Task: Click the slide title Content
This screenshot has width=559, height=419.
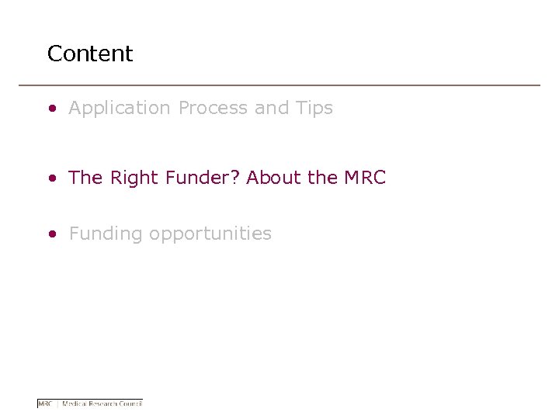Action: click(x=90, y=54)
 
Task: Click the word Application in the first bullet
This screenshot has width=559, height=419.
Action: click(x=120, y=109)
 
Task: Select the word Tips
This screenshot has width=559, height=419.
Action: click(x=314, y=109)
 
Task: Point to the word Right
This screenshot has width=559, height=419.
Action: click(x=134, y=178)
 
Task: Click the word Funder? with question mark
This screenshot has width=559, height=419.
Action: click(x=202, y=178)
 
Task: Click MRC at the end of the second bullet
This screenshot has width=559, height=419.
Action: click(x=364, y=178)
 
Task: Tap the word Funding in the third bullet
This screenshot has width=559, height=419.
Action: click(x=106, y=234)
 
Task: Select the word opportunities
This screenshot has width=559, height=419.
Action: click(x=210, y=234)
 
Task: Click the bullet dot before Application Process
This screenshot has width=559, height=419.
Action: click(x=52, y=109)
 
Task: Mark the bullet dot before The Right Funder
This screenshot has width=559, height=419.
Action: click(x=52, y=178)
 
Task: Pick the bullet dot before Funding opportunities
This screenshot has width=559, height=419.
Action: click(x=52, y=234)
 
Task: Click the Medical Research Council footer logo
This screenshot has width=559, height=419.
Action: click(x=90, y=403)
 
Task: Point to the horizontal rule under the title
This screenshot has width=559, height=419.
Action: click(x=279, y=85)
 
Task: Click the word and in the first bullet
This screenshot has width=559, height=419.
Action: click(x=272, y=109)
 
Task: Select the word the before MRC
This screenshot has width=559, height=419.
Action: click(x=322, y=178)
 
